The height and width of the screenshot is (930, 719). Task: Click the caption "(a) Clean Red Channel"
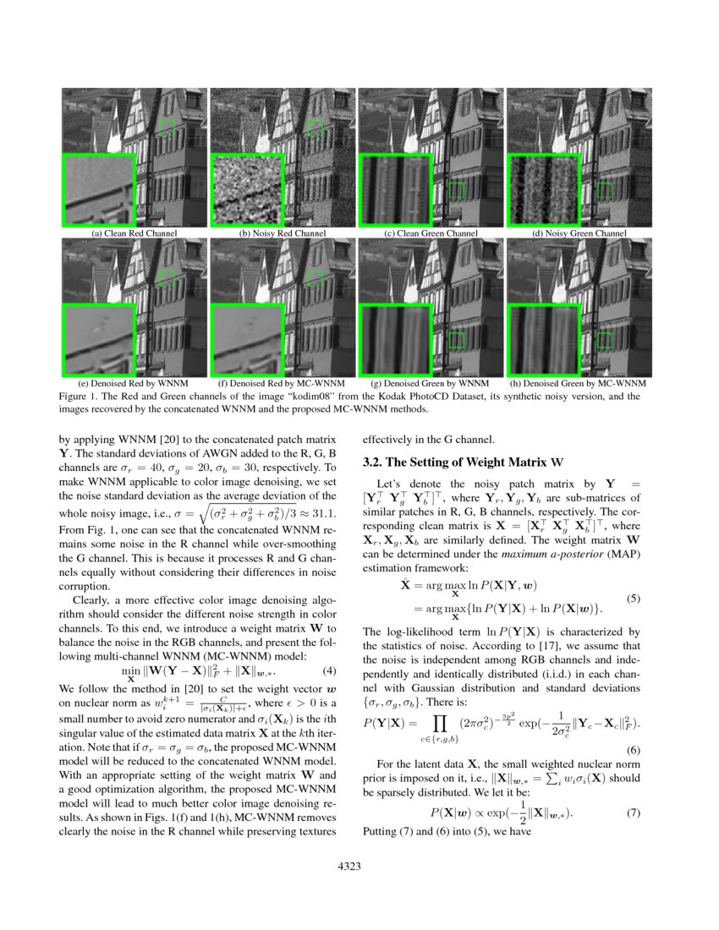[x=134, y=233]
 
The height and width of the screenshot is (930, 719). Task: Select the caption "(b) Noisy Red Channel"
[x=283, y=233]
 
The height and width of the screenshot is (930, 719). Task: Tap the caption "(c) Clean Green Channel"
[x=431, y=233]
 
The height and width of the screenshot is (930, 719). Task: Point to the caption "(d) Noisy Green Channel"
[x=579, y=233]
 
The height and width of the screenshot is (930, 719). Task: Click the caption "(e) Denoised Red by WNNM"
[x=134, y=383]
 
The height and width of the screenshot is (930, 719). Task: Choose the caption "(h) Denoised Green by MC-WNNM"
[x=579, y=383]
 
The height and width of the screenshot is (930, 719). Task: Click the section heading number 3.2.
[x=373, y=462]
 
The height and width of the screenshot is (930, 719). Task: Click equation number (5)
[x=634, y=599]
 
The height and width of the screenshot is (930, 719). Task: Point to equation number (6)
[x=634, y=750]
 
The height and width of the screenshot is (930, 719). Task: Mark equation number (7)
[x=634, y=813]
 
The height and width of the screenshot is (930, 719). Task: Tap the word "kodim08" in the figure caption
[x=271, y=396]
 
